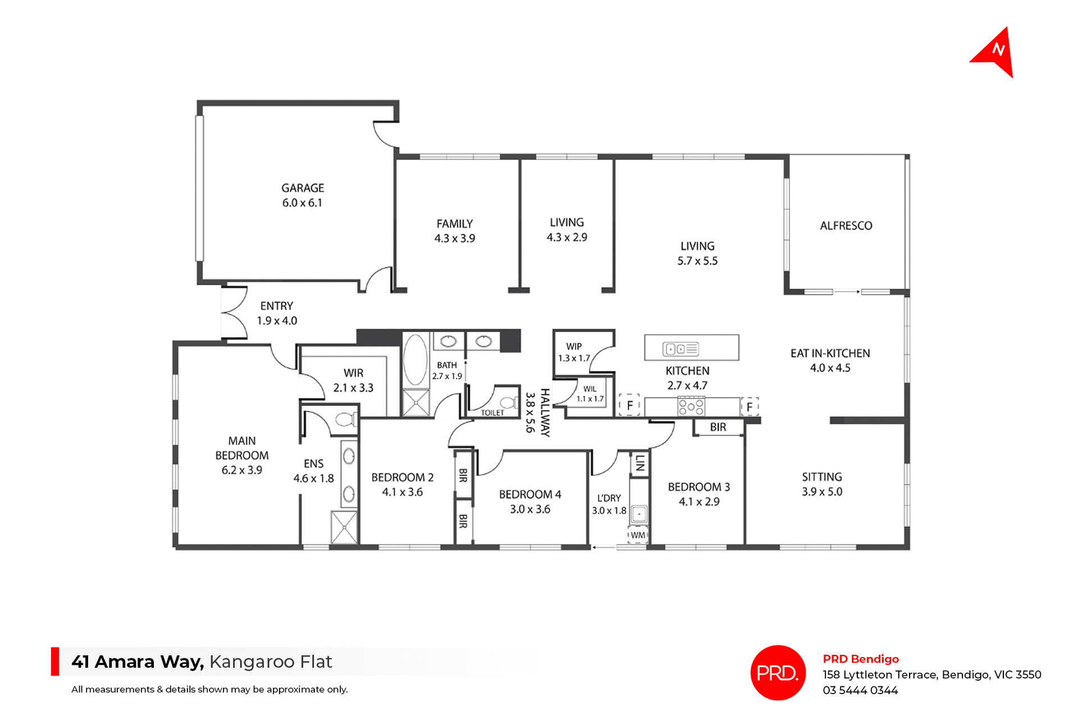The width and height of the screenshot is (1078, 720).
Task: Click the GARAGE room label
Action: [x=303, y=188]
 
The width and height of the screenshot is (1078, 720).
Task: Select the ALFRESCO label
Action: [x=846, y=226]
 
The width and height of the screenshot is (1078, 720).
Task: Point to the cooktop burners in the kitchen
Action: [x=691, y=406]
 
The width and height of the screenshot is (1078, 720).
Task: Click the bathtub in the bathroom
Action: [x=415, y=360]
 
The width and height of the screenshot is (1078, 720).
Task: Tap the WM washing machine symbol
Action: [x=638, y=535]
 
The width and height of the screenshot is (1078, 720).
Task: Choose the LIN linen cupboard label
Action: [x=640, y=464]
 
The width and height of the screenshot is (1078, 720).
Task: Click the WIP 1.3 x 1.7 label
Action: [x=574, y=352]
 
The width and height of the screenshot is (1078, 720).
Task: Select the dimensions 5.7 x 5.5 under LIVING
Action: [x=697, y=261]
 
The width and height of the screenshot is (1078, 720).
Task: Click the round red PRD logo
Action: [x=778, y=673]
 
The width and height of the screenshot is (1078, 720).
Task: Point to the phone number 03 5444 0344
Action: [x=860, y=691]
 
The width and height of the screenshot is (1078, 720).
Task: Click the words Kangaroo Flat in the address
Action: [x=271, y=662]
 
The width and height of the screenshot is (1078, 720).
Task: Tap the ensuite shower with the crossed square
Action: [x=344, y=527]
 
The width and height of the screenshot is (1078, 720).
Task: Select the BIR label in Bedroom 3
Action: [x=718, y=427]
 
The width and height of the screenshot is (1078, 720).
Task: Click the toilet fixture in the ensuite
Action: [x=344, y=419]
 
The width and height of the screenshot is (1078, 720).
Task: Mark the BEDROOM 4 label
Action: [x=530, y=495]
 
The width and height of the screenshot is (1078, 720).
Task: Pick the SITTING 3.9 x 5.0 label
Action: [x=822, y=484]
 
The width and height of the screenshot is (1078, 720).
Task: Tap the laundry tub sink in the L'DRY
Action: [x=639, y=514]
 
